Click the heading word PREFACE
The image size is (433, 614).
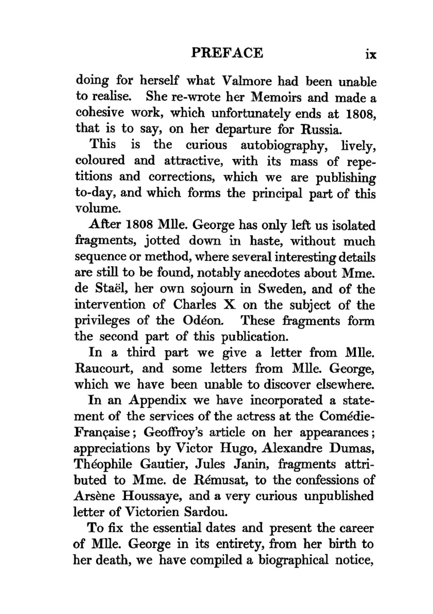click(227, 53)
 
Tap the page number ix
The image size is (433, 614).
click(371, 55)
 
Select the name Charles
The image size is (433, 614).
click(194, 304)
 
